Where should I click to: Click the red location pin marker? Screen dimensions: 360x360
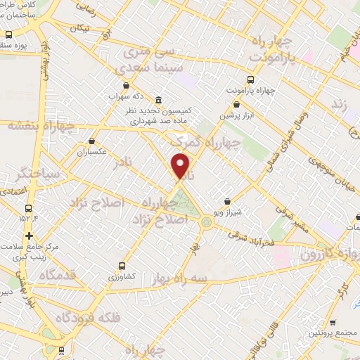click(181, 166)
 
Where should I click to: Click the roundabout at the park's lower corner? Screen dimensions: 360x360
click(206, 222)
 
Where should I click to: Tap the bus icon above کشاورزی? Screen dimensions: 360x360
click(122, 266)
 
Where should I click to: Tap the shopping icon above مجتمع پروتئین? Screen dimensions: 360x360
click(332, 323)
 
